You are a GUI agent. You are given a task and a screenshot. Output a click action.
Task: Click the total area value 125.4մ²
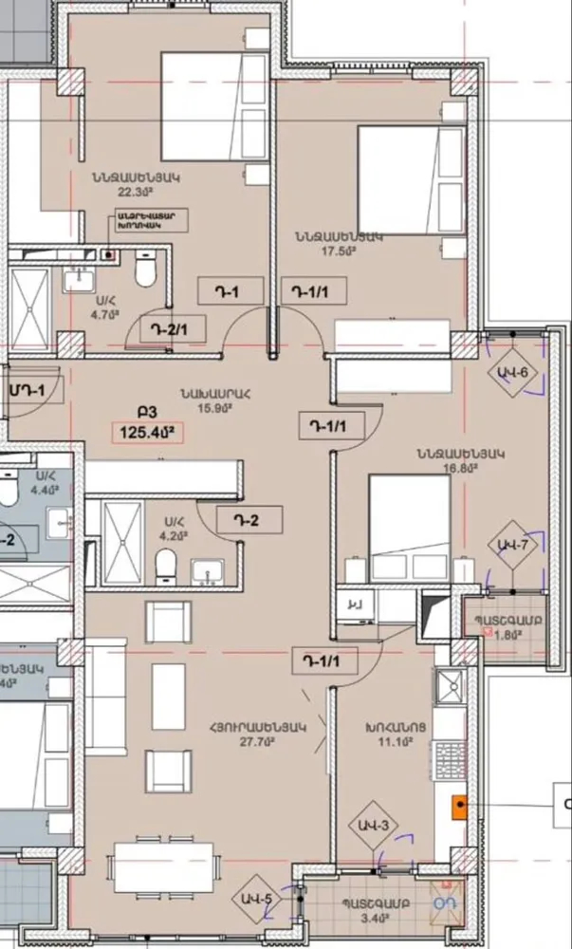pos(146,433)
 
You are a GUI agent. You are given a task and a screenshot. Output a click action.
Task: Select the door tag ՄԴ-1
pos(27,389)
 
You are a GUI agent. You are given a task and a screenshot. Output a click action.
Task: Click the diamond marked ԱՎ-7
pos(513,544)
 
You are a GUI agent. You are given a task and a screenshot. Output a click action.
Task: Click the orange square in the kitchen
pos(460,808)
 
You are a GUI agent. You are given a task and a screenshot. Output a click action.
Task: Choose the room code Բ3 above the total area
pos(146,413)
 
